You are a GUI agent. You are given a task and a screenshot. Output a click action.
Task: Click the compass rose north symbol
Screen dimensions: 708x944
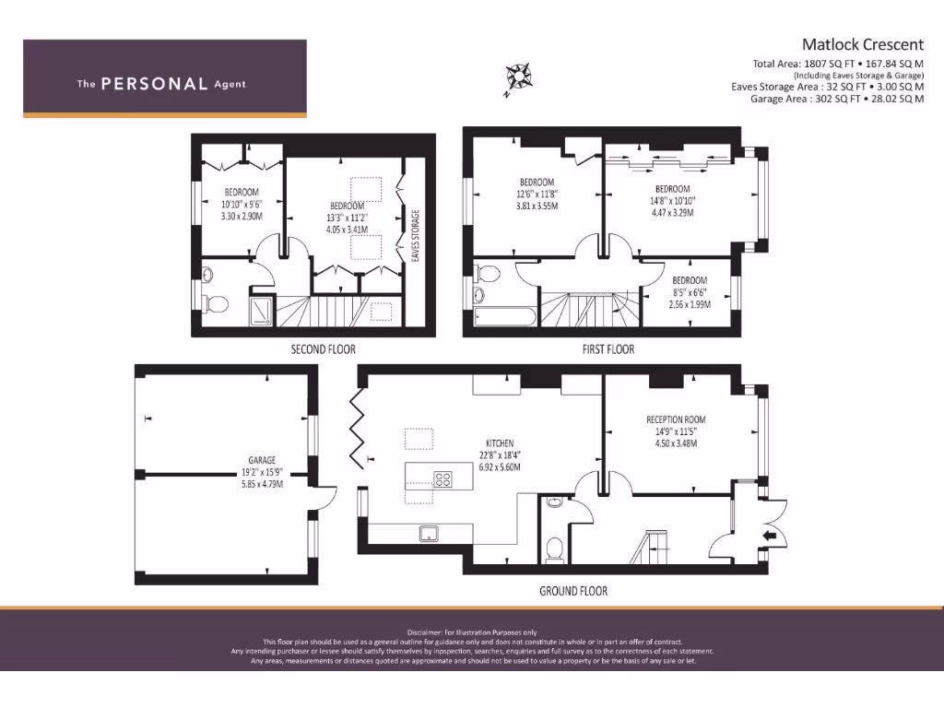coord(518,77)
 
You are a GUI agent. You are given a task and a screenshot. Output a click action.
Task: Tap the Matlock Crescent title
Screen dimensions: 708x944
coord(862,44)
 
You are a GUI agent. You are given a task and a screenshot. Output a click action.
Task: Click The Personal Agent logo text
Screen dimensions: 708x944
coord(161,84)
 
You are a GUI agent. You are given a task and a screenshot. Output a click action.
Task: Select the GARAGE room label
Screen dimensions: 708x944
coord(262,460)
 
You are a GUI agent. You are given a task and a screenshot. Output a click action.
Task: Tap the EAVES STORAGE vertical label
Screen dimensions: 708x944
coord(416,236)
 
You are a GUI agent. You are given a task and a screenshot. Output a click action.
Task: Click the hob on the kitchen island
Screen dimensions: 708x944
coord(443,478)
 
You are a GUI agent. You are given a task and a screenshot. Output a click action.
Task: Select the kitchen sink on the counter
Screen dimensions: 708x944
coord(429,533)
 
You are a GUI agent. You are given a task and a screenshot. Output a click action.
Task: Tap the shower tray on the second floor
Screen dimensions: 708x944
coord(262,311)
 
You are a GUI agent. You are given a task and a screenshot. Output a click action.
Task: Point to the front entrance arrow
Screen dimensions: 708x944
coord(770,536)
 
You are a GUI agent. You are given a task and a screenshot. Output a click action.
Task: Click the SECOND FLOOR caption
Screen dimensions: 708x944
coord(323,349)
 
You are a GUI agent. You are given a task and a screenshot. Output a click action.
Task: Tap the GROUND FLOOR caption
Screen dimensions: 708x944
coord(572,591)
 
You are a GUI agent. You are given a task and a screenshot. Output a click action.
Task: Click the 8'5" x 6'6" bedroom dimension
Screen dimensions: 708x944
coord(690,292)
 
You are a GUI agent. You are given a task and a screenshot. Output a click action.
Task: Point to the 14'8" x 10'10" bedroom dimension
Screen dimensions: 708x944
coord(672,201)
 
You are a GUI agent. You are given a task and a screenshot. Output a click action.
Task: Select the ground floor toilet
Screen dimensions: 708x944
coord(555,549)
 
